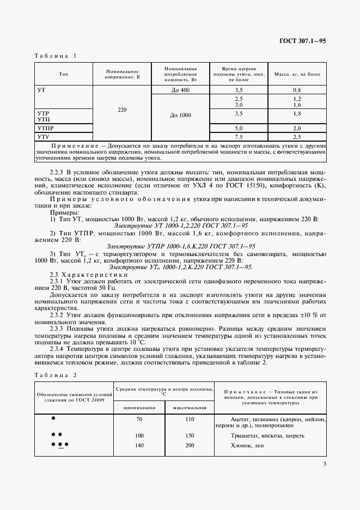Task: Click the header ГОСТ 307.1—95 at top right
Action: pos(303,41)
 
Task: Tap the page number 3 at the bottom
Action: pos(324,464)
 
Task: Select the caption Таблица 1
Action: pos(56,56)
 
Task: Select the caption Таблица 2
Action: pos(56,375)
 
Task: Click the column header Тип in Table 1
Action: pos(63,74)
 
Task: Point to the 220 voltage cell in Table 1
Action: pos(122,110)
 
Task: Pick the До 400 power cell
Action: pos(180,90)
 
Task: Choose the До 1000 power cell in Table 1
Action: pos(180,116)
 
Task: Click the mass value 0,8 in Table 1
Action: pos(297,90)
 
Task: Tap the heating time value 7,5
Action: pos(238,137)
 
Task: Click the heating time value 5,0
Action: pos(238,128)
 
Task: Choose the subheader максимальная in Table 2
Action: pos(189,408)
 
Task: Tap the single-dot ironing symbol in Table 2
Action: pos(53,418)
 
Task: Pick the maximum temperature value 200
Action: pos(189,445)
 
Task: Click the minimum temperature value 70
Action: pos(140,420)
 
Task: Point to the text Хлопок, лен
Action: pos(246,445)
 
